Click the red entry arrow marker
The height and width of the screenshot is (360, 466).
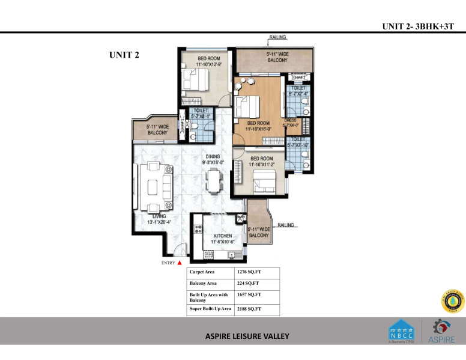(179, 263)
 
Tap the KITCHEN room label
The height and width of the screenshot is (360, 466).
(219, 236)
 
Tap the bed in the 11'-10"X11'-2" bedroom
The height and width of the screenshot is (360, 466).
(264, 178)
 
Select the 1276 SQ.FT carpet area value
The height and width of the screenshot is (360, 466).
(250, 272)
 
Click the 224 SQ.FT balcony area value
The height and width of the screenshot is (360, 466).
(248, 284)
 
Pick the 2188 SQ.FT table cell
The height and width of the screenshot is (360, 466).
(250, 309)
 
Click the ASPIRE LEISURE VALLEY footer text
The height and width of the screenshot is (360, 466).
(247, 336)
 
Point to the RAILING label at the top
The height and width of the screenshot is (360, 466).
(277, 37)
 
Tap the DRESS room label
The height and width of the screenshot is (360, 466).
(298, 123)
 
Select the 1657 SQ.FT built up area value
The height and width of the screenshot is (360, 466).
(250, 295)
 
